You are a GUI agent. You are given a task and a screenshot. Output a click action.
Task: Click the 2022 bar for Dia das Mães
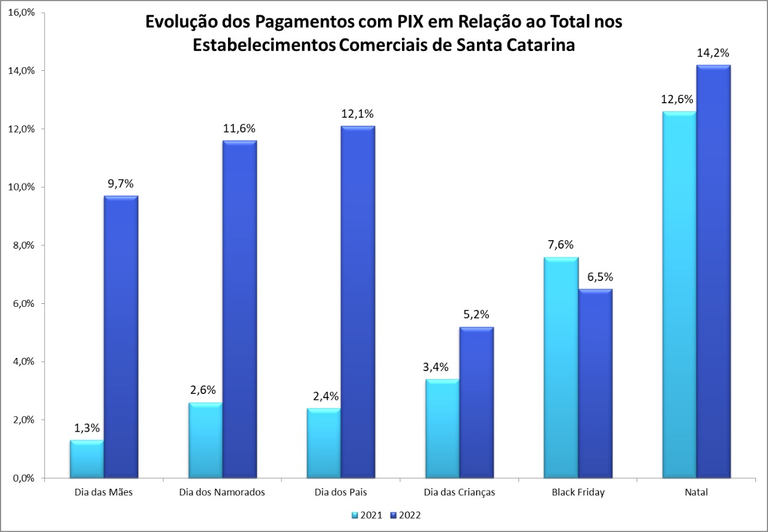(x=121, y=337)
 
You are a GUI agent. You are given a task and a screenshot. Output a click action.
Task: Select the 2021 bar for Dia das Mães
(x=86, y=459)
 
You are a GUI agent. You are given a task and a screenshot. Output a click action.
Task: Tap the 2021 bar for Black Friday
(x=561, y=367)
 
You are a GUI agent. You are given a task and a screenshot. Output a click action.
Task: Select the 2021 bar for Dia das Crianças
(x=442, y=429)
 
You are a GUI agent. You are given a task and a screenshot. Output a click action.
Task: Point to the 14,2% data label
(x=713, y=53)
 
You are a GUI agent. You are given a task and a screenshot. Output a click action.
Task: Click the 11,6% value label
(x=239, y=128)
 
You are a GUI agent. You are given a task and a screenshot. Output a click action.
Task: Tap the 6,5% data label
(x=595, y=277)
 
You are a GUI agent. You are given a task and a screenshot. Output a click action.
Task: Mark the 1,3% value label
(x=87, y=428)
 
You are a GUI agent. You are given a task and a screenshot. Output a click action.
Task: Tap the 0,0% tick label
(x=22, y=479)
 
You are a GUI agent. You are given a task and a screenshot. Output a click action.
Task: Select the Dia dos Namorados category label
(x=222, y=492)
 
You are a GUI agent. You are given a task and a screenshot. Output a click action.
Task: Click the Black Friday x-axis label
(x=578, y=492)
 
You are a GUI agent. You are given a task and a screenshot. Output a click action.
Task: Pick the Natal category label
(x=696, y=492)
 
